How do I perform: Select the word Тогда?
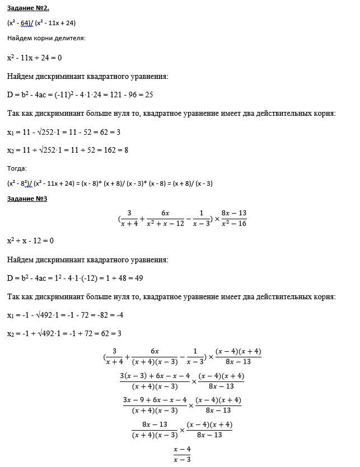(16, 168)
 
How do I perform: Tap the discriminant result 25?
(149, 95)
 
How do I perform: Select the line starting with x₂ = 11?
(68, 150)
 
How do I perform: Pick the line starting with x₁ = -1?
(65, 315)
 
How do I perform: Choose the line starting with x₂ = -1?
(64, 333)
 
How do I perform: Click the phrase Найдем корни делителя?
(46, 38)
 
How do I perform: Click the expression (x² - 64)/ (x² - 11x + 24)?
(41, 23)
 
